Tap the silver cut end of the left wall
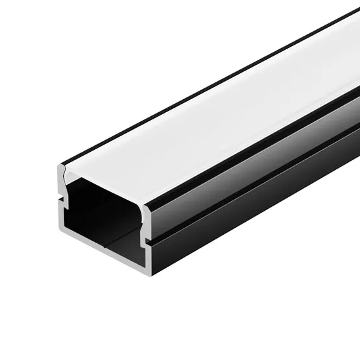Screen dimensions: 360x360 [60, 214]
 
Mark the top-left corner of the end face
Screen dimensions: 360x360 [60, 167]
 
